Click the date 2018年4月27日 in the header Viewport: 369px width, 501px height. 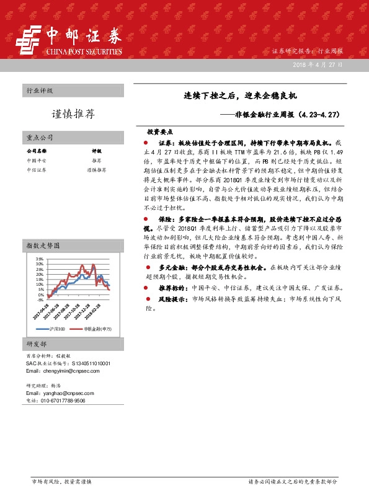[316, 64]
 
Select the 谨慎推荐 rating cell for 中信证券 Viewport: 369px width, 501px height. [97, 169]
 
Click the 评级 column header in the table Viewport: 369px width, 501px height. [96, 151]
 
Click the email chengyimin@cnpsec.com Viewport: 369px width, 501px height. [60, 371]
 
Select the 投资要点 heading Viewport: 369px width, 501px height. [160, 132]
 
